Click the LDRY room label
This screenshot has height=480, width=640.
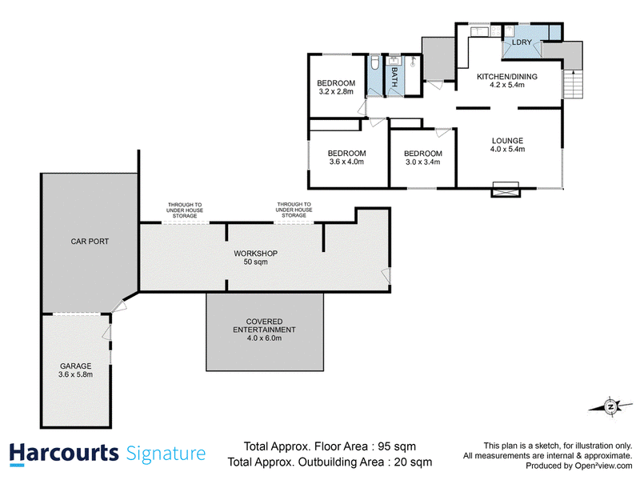point(522,42)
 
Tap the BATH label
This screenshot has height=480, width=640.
point(394,77)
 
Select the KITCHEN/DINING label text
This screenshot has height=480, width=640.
point(507,76)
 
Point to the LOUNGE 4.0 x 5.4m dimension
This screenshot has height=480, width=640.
point(507,150)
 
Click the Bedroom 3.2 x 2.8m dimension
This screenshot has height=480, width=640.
point(336,92)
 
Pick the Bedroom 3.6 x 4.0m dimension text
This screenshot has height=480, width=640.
point(346,162)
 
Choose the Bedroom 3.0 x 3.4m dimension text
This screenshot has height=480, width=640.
point(423,162)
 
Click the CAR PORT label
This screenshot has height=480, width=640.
point(90,242)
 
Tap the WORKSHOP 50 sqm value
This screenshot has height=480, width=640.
point(255,262)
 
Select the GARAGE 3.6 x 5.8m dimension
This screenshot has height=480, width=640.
point(75,374)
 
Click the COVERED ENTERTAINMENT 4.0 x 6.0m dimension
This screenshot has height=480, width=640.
point(264,338)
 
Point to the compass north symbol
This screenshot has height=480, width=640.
point(610,406)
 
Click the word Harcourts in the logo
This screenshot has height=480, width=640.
point(64,454)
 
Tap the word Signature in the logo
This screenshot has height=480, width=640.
point(166,454)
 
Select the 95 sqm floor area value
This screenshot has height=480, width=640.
point(397,446)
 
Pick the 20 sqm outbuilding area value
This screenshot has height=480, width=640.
point(413,462)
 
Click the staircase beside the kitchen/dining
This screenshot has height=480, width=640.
point(573,84)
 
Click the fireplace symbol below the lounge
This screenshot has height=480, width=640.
point(506,190)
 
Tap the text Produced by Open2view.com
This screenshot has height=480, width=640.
point(578,466)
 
